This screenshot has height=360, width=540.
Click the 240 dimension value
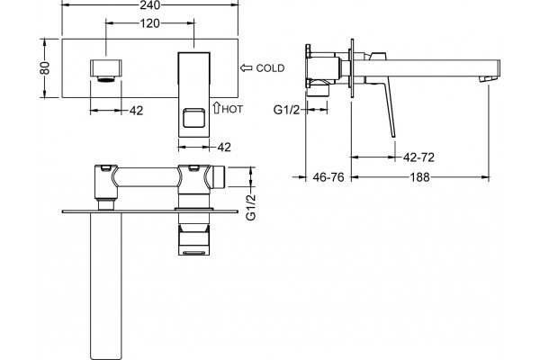[149, 4]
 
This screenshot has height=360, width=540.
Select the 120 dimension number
[149, 23]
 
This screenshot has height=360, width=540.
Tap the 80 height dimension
[45, 67]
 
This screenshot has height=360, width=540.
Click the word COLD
[270, 68]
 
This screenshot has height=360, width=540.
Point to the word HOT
[232, 109]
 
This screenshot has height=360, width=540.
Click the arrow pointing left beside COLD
[246, 67]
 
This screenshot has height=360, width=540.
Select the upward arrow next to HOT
[216, 107]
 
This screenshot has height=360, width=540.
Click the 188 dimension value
[420, 177]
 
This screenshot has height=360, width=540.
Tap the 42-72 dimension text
[418, 157]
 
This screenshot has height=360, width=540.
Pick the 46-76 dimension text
[328, 177]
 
